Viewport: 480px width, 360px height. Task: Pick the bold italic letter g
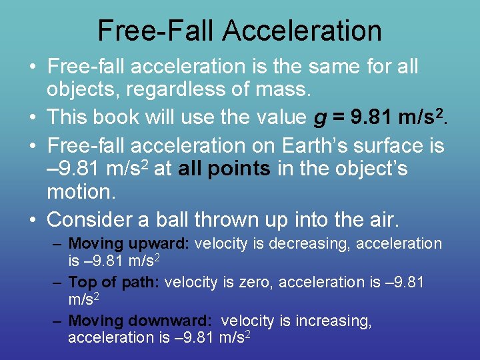[320, 119]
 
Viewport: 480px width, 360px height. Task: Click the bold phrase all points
[225, 169]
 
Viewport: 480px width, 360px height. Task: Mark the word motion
[81, 193]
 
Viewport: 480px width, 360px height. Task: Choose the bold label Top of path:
[113, 283]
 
